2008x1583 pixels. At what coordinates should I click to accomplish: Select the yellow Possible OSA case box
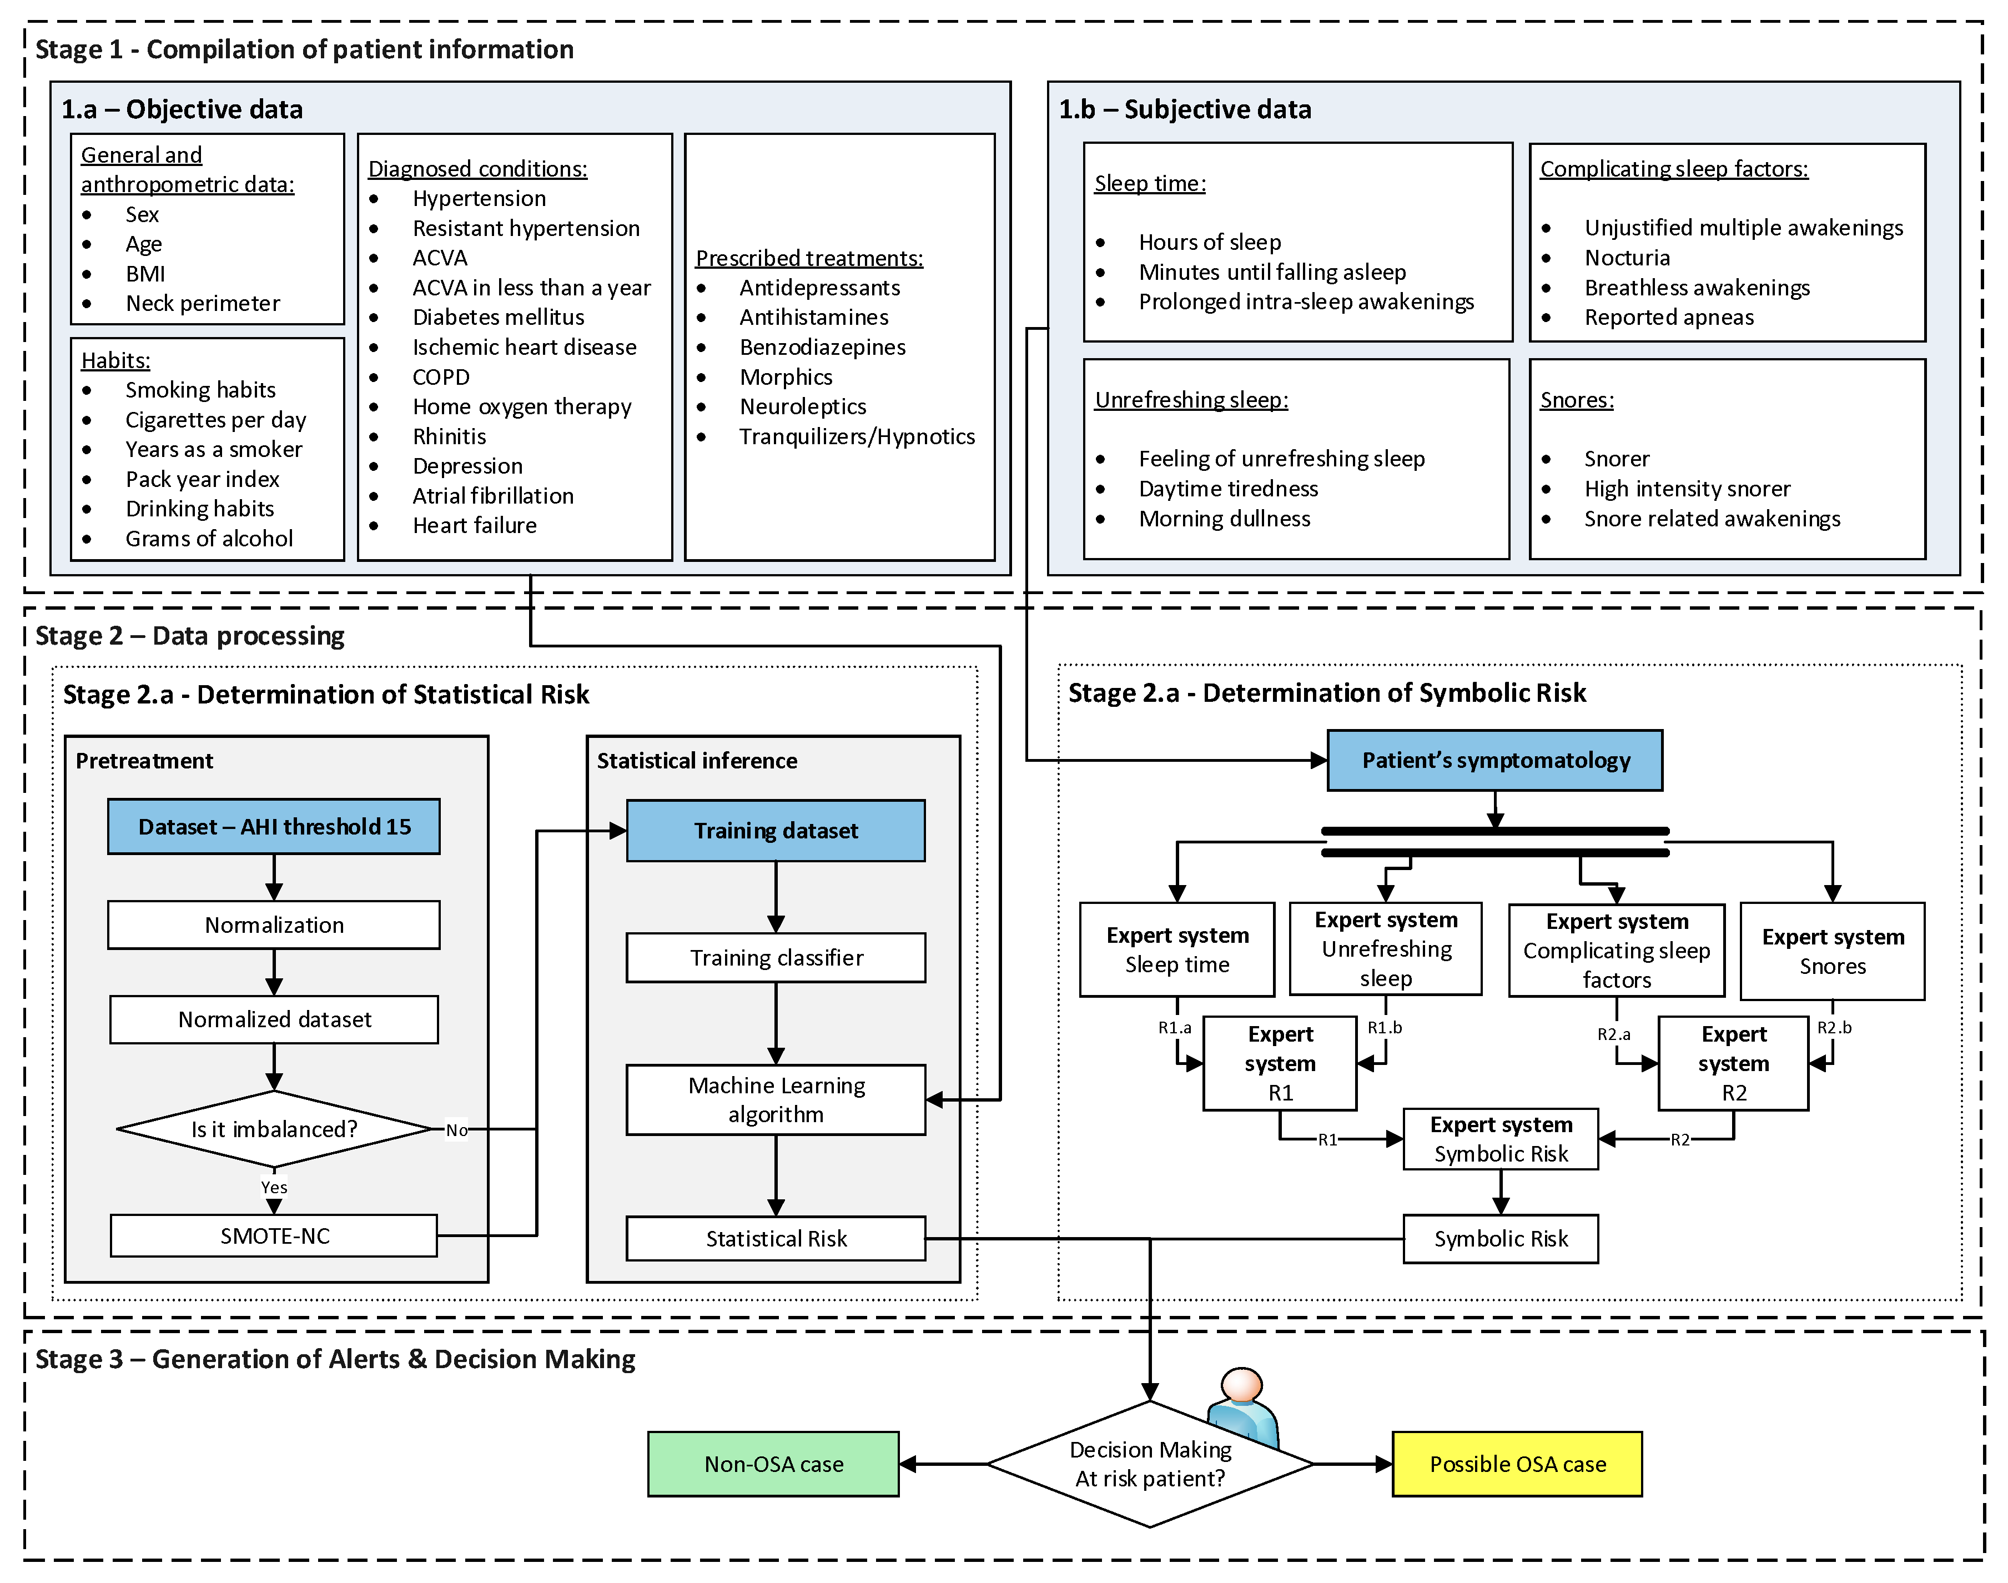pyautogui.click(x=1516, y=1464)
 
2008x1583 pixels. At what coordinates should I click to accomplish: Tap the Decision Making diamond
pyautogui.click(x=1149, y=1464)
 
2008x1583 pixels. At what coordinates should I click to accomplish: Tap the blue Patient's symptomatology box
pyautogui.click(x=1494, y=760)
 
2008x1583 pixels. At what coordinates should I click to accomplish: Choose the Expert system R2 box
pyautogui.click(x=1732, y=1063)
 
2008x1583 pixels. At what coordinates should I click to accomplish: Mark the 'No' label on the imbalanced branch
pyautogui.click(x=456, y=1130)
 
